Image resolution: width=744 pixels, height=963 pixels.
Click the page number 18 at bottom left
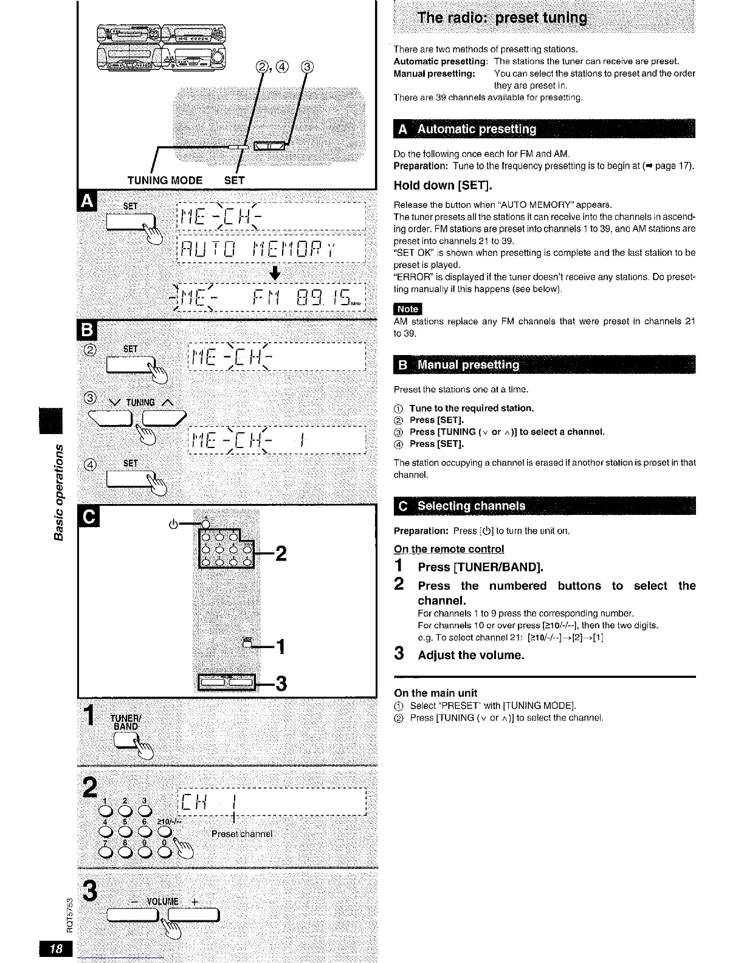pyautogui.click(x=56, y=950)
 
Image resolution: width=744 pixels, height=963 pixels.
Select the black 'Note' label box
pyautogui.click(x=407, y=309)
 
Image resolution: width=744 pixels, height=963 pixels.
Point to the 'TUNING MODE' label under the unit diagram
pyautogui.click(x=165, y=180)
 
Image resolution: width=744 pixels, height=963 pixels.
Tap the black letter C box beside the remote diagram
pyautogui.click(x=88, y=517)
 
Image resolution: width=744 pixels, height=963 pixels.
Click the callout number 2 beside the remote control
pyautogui.click(x=280, y=554)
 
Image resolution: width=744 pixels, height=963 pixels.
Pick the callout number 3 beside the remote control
pyautogui.click(x=280, y=684)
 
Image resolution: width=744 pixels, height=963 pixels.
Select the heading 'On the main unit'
pyautogui.click(x=435, y=693)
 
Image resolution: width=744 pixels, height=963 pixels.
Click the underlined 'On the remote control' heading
pyautogui.click(x=449, y=549)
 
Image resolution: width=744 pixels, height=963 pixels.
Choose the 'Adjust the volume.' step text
pyautogui.click(x=470, y=655)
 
